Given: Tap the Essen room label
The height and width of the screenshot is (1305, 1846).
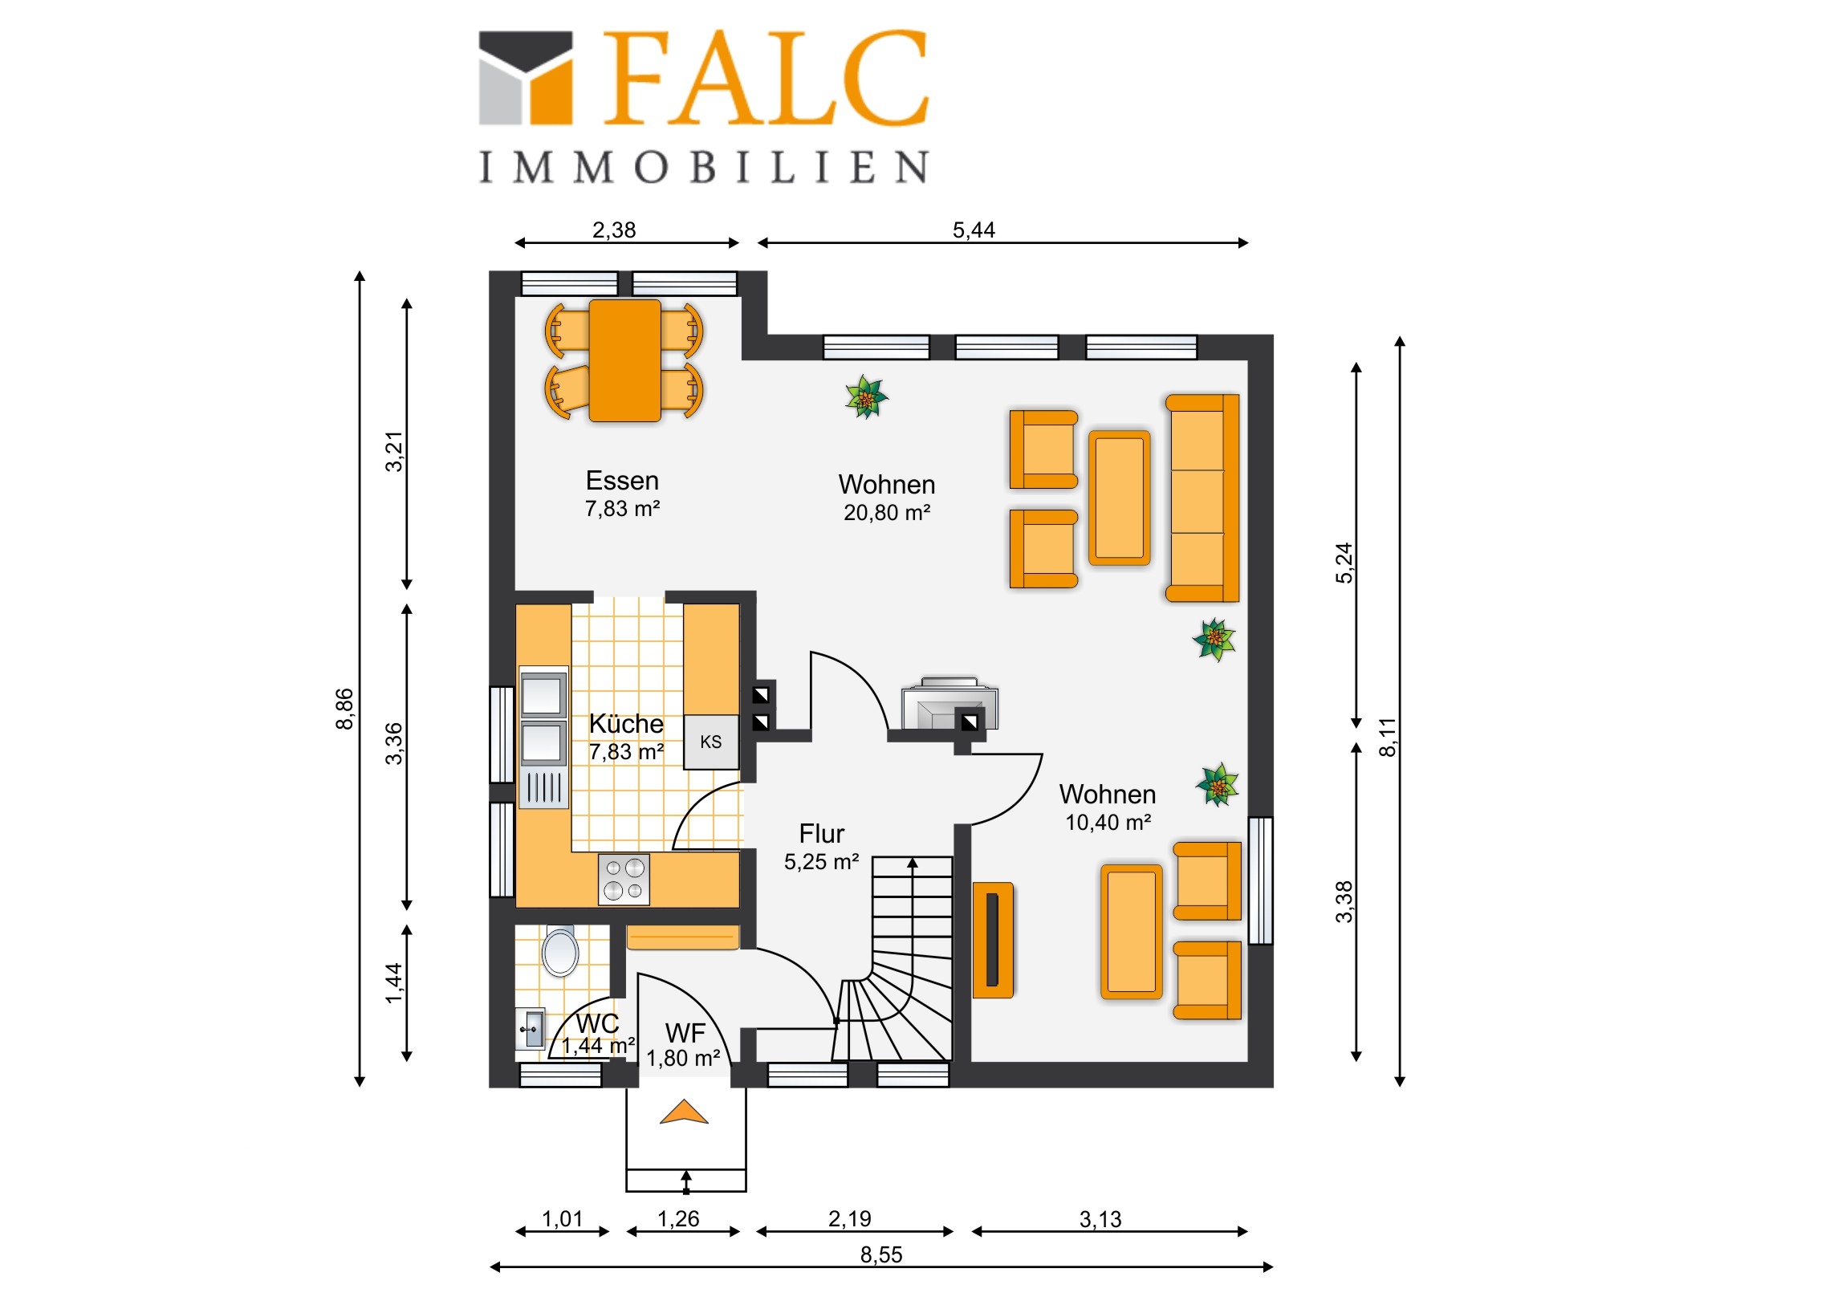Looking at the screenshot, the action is [x=622, y=481].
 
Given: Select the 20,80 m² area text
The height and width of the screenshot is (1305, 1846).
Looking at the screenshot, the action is [x=887, y=513].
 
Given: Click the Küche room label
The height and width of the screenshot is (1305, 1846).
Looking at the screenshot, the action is [x=626, y=724].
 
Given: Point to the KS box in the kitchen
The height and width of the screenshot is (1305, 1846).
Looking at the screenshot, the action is [x=711, y=742].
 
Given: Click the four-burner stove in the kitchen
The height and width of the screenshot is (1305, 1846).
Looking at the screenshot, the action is [x=624, y=879].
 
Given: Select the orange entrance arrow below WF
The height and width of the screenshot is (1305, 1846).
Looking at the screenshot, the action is [x=683, y=1112].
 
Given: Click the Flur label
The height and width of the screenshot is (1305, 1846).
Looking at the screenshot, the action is [x=822, y=833].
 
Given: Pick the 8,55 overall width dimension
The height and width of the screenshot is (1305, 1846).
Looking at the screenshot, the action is [x=881, y=1254].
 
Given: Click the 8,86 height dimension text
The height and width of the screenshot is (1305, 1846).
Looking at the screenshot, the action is [x=344, y=709].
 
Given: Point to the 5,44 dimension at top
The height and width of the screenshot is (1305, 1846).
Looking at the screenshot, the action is [x=974, y=230].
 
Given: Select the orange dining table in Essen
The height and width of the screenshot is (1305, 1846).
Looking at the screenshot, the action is [x=624, y=361].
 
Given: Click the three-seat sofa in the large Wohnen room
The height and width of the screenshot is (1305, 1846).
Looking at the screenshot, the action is [x=1202, y=498].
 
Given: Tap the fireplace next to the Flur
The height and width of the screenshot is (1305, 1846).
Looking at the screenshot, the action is [x=949, y=704].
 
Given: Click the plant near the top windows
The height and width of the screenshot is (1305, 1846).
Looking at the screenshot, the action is [x=866, y=396].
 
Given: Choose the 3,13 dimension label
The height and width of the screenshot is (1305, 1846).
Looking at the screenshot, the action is [x=1100, y=1219].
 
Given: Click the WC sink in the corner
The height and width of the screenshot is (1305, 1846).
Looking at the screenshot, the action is [x=530, y=1028].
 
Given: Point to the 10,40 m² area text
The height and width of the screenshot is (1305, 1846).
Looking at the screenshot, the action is [x=1108, y=823].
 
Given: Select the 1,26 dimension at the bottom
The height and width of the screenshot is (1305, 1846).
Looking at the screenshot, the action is [x=677, y=1219].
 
